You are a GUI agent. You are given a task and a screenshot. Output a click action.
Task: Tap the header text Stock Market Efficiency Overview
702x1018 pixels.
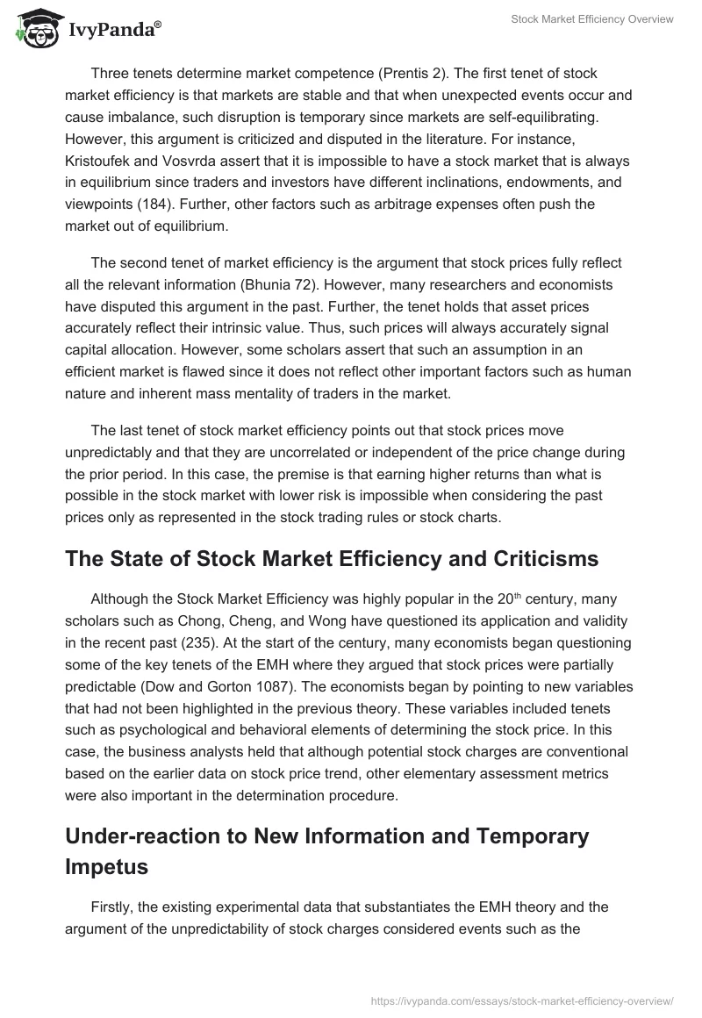(592, 20)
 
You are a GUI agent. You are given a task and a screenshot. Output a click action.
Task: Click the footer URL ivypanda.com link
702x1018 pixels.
(522, 1000)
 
